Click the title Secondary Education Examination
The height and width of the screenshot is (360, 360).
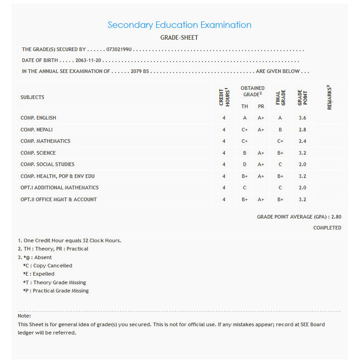(179, 25)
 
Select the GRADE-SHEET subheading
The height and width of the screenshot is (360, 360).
(179, 38)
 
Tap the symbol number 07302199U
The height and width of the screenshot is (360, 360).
(119, 49)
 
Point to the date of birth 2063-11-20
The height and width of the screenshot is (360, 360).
(90, 60)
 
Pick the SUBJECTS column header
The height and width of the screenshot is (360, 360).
(32, 97)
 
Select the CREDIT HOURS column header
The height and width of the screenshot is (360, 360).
(224, 97)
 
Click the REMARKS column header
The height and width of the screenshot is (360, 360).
(329, 97)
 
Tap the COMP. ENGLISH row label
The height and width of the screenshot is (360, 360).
(38, 118)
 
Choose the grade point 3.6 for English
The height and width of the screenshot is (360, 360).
(302, 118)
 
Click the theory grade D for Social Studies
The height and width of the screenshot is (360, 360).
(245, 164)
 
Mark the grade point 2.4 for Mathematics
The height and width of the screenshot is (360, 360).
(302, 141)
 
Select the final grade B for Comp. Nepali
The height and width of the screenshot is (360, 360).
(280, 130)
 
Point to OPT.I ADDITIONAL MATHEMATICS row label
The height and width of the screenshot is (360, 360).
(59, 188)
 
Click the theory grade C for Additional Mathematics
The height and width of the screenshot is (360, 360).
(245, 188)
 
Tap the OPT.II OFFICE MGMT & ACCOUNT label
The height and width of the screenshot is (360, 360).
(58, 199)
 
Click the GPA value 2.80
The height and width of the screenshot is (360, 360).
(336, 217)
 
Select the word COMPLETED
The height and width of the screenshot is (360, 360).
(327, 228)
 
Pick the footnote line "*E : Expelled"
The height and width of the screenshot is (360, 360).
(39, 274)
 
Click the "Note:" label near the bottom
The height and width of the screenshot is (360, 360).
(24, 316)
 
